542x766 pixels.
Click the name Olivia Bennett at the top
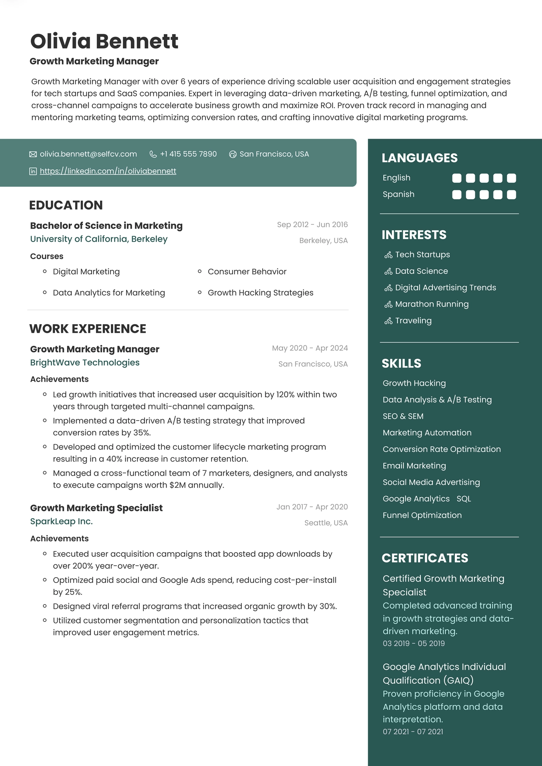tap(104, 41)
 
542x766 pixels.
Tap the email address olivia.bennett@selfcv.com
tap(88, 154)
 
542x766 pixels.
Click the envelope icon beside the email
tap(33, 154)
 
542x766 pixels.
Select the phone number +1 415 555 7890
tap(188, 154)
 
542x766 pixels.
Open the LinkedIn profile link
tap(108, 171)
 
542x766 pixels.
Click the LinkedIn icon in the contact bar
tap(33, 172)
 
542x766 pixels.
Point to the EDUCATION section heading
tap(66, 205)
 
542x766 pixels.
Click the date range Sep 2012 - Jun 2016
tap(312, 225)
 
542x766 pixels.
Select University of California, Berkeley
tap(99, 239)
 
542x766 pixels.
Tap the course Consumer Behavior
tap(247, 272)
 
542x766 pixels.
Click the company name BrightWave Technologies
tap(85, 363)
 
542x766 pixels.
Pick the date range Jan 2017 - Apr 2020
tap(312, 507)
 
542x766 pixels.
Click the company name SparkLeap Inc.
tap(61, 521)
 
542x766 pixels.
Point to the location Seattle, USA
tap(326, 523)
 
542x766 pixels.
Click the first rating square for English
tap(456, 178)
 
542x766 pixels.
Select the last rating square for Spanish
tap(511, 195)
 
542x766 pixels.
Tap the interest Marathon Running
tap(432, 304)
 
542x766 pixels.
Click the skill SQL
tap(464, 499)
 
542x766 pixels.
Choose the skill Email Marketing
tap(414, 466)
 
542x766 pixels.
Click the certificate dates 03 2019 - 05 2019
tap(414, 643)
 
